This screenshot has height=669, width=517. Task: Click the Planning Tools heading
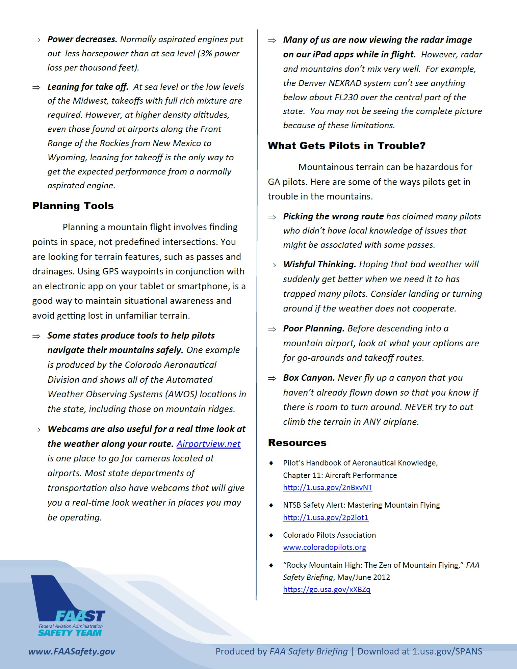pyautogui.click(x=73, y=206)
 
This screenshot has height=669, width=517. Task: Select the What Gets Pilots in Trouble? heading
pyautogui.click(x=346, y=146)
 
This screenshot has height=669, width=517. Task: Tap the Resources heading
pyautogui.click(x=297, y=443)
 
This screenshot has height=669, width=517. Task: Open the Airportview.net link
pyautogui.click(x=208, y=444)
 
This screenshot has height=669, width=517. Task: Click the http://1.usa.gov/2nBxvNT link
pyautogui.click(x=328, y=488)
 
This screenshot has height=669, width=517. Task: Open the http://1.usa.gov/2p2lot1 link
pyautogui.click(x=326, y=517)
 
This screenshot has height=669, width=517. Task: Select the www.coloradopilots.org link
pyautogui.click(x=325, y=547)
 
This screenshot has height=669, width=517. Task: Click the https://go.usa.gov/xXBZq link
pyautogui.click(x=327, y=589)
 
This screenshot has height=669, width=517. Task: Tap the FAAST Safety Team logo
pyautogui.click(x=69, y=608)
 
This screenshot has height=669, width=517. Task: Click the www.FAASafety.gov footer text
pyautogui.click(x=72, y=651)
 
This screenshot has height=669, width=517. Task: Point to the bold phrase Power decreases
pyautogui.click(x=82, y=39)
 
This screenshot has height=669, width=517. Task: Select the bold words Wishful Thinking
pyautogui.click(x=319, y=264)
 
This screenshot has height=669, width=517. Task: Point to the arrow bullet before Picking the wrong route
pyautogui.click(x=272, y=217)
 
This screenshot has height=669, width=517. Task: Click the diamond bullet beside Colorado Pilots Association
pyautogui.click(x=271, y=535)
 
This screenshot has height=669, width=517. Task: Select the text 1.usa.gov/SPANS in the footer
pyautogui.click(x=447, y=651)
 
